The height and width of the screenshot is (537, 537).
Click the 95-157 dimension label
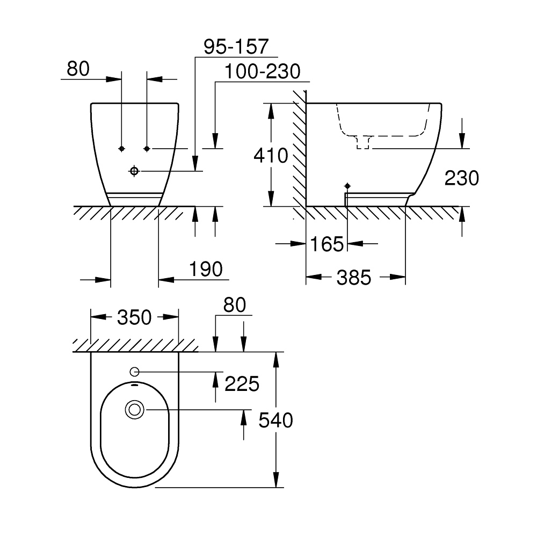pos(236,47)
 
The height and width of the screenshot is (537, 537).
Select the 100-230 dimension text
pos(263,71)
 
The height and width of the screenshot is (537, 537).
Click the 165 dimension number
pos(326,244)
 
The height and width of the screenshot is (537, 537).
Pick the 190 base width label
pos(206,269)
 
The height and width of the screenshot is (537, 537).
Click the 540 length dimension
pos(276,420)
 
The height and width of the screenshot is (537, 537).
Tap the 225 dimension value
pos(242,383)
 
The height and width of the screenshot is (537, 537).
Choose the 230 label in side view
pos(461,178)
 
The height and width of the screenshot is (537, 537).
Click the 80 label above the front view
pos(78,68)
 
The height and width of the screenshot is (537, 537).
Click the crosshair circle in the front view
pos(134,171)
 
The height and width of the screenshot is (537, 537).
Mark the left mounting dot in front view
pos(122,148)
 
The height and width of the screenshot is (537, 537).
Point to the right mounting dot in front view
pos(147,148)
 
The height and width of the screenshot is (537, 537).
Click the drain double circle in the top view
pos(134,410)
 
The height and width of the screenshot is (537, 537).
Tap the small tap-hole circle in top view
pos(134,372)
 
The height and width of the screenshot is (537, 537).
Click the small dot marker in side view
pos(347,185)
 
